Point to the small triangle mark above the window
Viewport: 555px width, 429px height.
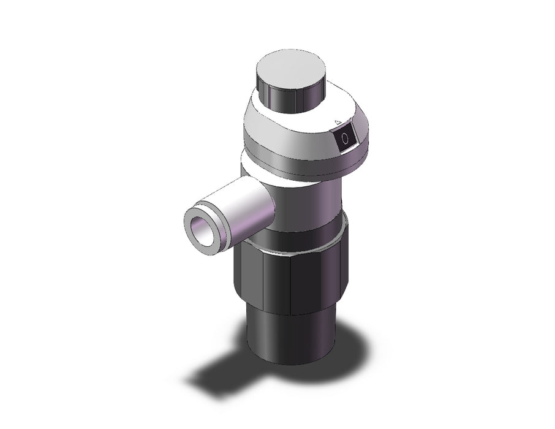coord(338,123)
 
